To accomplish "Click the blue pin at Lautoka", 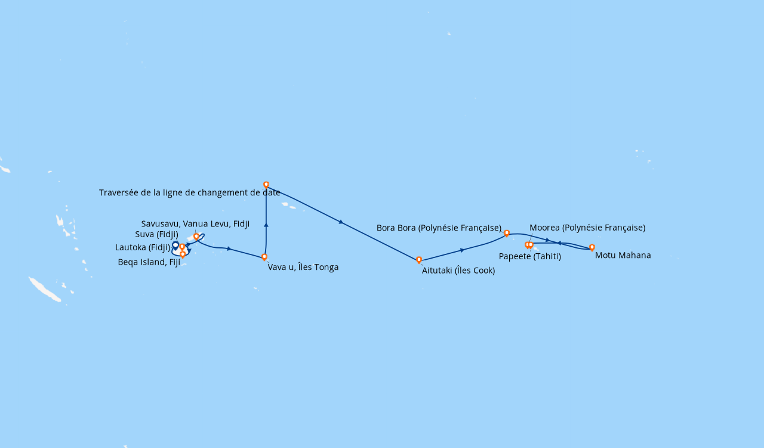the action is [x=175, y=246].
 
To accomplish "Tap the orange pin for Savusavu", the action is [x=196, y=237].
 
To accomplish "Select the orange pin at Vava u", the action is [x=264, y=257].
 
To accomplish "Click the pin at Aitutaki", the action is [x=419, y=260].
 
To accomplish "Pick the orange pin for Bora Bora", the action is [x=507, y=234].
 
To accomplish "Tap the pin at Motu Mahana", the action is [x=592, y=248].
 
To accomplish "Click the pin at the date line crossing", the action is [x=266, y=185].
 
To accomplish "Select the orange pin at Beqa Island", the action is [x=183, y=254].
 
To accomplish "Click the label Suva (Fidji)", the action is [x=156, y=235].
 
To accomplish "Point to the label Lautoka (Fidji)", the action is [x=143, y=247].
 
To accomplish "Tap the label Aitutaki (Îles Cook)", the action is [x=458, y=271].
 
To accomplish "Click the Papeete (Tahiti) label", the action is [x=529, y=256].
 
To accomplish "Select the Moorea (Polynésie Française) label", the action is [x=587, y=228].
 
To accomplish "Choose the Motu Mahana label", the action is [x=623, y=255].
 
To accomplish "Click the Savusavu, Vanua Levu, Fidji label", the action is [x=195, y=223].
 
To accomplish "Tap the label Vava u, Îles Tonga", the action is [x=303, y=267].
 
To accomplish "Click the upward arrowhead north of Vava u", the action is [x=266, y=225].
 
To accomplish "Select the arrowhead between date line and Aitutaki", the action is [x=341, y=222].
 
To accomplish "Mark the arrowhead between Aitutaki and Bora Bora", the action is [x=463, y=250].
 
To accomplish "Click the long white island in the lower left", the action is [x=45, y=290].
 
